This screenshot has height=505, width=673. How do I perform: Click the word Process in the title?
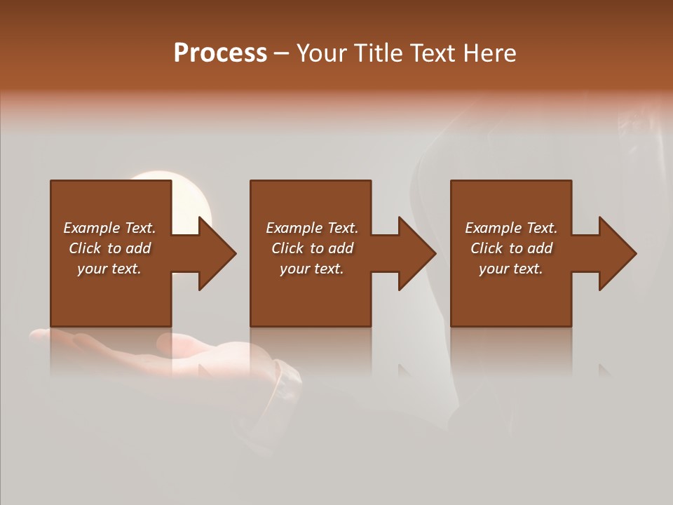click(x=220, y=53)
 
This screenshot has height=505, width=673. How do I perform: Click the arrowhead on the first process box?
click(x=216, y=253)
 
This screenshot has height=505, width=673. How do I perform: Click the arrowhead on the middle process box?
click(x=416, y=253)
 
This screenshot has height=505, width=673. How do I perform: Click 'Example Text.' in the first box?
click(x=109, y=228)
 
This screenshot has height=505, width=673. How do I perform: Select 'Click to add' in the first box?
click(x=109, y=248)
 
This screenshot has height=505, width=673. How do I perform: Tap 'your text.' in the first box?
click(x=109, y=269)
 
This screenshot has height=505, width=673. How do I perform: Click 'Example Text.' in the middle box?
click(x=311, y=228)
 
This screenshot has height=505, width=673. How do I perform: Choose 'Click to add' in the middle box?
click(x=311, y=248)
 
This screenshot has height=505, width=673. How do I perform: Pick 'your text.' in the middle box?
click(x=311, y=269)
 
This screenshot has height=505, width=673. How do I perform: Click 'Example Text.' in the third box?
click(x=511, y=228)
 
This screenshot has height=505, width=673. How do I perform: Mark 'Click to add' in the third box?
click(x=511, y=248)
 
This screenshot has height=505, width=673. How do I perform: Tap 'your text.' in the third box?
click(x=511, y=269)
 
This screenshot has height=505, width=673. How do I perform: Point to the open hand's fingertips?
click(x=42, y=336)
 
